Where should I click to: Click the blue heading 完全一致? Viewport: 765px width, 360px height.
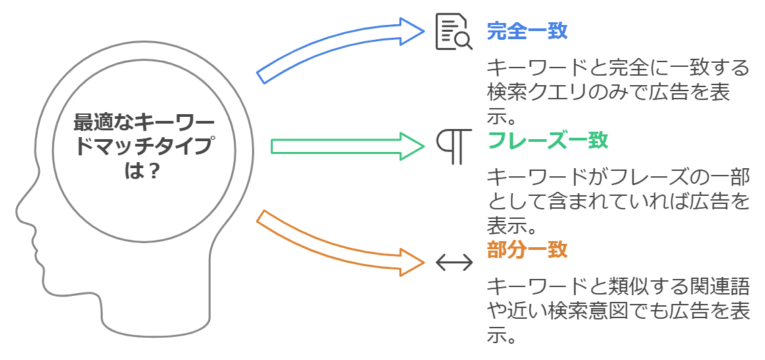point(527,31)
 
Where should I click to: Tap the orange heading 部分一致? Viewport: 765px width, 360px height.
point(527,249)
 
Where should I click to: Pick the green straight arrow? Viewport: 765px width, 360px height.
point(345,146)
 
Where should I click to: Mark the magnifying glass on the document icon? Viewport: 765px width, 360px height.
point(463,41)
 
